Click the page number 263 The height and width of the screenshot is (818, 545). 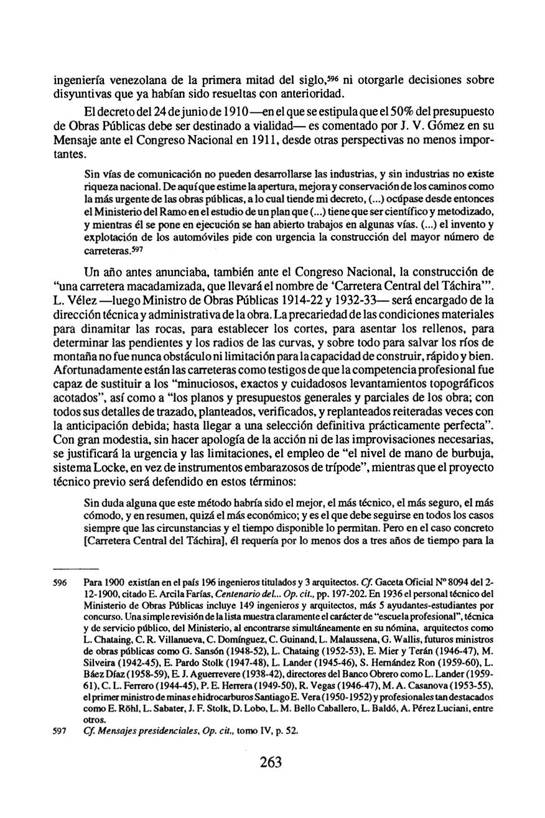tap(271, 761)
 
